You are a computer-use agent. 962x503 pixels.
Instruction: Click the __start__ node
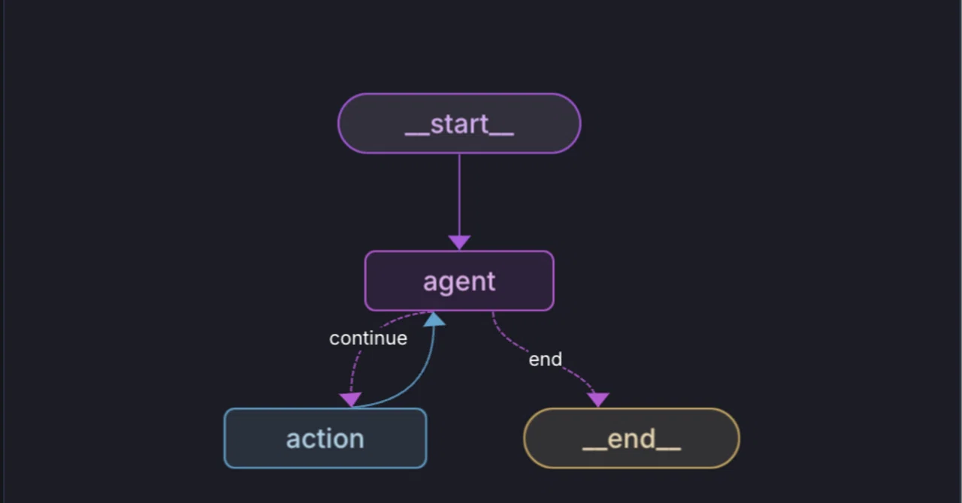click(459, 123)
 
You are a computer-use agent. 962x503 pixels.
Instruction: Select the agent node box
click(459, 281)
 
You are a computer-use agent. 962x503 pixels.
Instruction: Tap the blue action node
click(325, 438)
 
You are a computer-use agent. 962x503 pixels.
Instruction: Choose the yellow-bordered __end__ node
click(631, 438)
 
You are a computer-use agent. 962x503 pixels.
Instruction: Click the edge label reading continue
click(368, 338)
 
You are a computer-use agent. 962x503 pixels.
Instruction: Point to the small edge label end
click(545, 359)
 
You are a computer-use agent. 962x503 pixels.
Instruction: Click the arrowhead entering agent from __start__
click(459, 242)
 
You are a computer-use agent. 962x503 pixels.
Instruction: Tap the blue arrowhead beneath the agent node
click(434, 319)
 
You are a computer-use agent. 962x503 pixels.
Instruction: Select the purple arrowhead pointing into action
click(350, 399)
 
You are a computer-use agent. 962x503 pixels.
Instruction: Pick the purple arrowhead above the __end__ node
click(597, 399)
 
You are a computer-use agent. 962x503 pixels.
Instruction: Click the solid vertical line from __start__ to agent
click(459, 195)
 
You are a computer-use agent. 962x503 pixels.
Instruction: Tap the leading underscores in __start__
click(417, 135)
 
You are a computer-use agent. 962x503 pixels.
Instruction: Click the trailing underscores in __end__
click(669, 449)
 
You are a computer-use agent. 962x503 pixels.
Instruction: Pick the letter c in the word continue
click(334, 339)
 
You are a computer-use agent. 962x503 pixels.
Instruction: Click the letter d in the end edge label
click(557, 359)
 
